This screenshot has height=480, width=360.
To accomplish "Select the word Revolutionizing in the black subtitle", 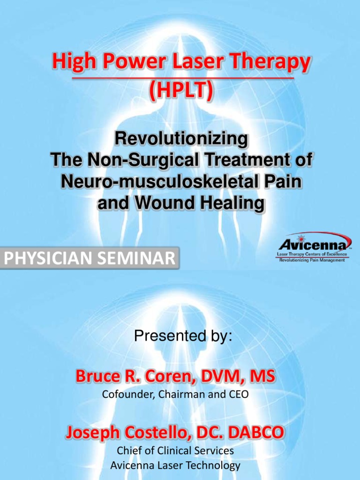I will click(181, 139).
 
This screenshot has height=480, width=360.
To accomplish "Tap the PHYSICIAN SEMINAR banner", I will click(89, 258).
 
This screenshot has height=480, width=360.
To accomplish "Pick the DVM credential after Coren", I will click(225, 376).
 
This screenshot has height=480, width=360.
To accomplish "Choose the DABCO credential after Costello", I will click(260, 432).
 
